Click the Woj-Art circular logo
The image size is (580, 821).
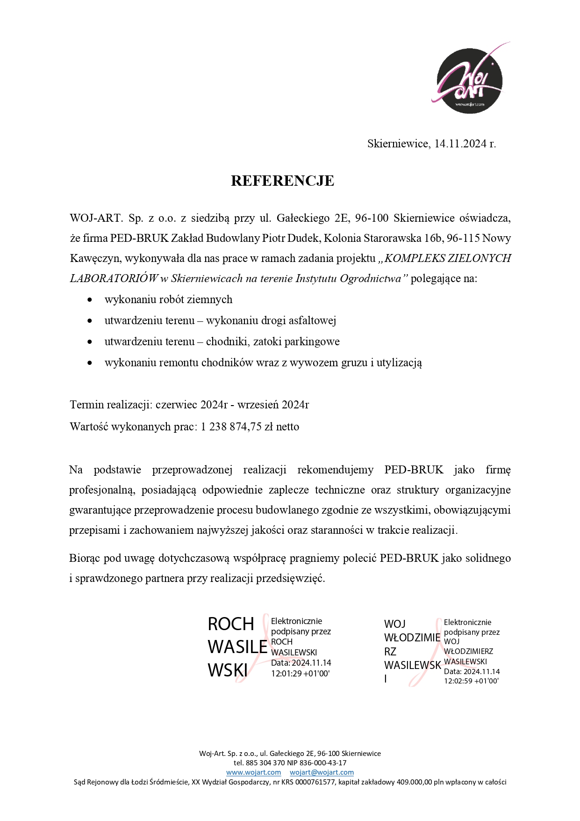click(469, 80)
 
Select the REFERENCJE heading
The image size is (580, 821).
click(282, 181)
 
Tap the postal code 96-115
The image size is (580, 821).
click(463, 238)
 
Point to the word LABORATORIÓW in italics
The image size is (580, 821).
click(114, 278)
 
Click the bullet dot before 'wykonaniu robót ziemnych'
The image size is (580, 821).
click(90, 299)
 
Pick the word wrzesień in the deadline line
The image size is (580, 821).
click(257, 405)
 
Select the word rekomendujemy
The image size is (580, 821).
click(335, 470)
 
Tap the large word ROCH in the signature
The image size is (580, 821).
click(231, 624)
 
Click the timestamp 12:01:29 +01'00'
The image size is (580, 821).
click(301, 674)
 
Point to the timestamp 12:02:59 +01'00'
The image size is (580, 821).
click(471, 681)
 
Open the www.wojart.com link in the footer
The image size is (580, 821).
click(253, 772)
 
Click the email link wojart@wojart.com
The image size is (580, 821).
click(322, 772)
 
